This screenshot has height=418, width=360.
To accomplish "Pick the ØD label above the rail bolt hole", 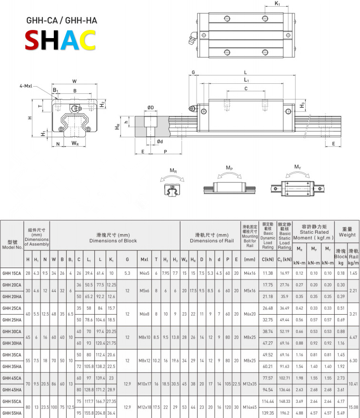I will [150, 107].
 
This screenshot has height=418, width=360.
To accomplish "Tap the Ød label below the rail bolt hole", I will [160, 141].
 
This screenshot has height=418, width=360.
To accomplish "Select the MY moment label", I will [298, 167].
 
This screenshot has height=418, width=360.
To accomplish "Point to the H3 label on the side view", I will [303, 105].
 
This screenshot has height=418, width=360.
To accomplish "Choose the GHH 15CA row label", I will [12, 273].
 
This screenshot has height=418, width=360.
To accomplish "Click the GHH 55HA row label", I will [12, 413].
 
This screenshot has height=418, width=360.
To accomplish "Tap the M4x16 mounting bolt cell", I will [250, 273].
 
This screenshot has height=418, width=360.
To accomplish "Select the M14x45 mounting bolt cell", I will [250, 407].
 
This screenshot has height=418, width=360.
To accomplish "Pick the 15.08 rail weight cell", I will [353, 407].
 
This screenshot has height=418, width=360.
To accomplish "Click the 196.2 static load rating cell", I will [284, 413].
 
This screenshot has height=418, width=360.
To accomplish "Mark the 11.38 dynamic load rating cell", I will [268, 273].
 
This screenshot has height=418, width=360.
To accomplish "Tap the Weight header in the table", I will [347, 235].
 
